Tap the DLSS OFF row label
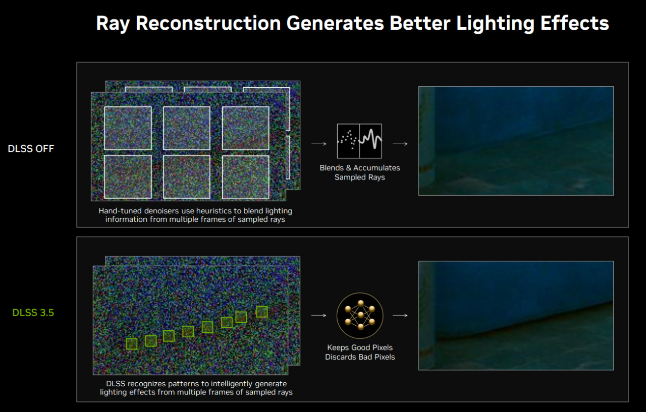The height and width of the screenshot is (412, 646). (x=31, y=149)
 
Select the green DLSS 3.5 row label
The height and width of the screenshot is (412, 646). (x=33, y=313)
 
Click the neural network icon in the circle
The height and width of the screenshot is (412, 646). (x=360, y=316)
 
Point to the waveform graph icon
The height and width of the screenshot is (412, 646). (x=359, y=141)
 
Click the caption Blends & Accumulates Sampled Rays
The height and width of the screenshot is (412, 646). (x=360, y=172)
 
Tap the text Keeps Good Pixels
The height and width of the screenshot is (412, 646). (x=360, y=347)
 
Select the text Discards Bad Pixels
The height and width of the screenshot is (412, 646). (x=360, y=357)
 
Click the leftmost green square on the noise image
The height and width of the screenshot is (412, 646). (x=132, y=344)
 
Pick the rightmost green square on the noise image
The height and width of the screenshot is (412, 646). (x=262, y=312)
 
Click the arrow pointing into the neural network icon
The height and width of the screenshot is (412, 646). (x=318, y=316)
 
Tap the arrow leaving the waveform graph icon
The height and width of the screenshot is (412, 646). (x=400, y=144)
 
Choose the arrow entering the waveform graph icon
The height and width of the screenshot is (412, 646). (x=319, y=144)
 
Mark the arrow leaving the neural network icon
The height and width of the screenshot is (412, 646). (x=400, y=316)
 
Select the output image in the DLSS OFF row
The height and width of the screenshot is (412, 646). (x=516, y=141)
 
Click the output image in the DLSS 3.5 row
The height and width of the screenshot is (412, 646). (x=516, y=316)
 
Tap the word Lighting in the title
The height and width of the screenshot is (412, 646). (x=495, y=24)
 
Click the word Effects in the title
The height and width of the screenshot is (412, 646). (x=574, y=23)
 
